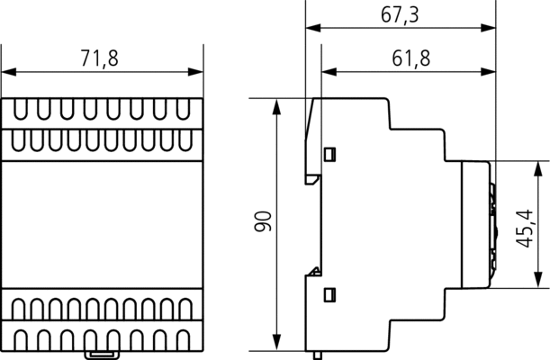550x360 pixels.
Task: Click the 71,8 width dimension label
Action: [100, 58]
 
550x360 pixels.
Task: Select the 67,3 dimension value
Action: [400, 15]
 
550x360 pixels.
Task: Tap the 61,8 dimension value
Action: [410, 58]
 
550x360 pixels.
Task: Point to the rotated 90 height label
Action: [263, 221]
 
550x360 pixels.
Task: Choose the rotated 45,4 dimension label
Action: [525, 229]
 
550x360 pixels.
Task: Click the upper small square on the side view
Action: [329, 154]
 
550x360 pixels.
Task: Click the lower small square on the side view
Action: [329, 294]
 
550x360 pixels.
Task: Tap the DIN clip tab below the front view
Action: [101, 355]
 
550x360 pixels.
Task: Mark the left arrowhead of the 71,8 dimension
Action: [9, 72]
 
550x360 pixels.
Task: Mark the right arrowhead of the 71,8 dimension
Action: [195, 72]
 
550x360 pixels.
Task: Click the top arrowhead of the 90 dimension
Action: [276, 106]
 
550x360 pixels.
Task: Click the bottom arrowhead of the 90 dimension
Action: [276, 343]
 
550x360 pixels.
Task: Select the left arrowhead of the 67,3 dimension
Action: [313, 28]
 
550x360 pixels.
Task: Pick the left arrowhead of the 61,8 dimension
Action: [329, 72]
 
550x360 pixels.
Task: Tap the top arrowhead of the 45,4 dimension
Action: [537, 169]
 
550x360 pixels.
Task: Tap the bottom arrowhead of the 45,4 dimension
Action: [537, 281]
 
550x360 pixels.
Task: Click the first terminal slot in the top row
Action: [21, 109]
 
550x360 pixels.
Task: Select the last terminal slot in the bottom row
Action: [183, 340]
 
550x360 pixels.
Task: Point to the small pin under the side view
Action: [318, 355]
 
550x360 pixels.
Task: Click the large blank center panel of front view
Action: [102, 225]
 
